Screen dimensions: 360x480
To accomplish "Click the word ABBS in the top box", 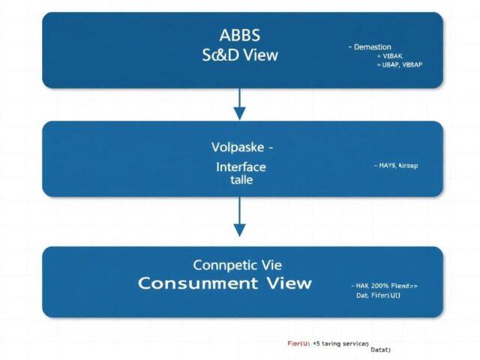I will click(239, 35).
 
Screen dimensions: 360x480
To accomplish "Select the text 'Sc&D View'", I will click(239, 55).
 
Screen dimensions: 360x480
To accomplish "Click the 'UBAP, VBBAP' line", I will click(397, 65).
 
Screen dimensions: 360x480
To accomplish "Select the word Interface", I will click(239, 166).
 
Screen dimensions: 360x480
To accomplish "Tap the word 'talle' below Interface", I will click(239, 181).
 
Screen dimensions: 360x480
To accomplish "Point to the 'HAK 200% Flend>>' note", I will click(384, 286).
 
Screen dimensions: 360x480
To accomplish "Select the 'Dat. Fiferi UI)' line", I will click(379, 295).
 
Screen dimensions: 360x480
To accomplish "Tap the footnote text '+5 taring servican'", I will click(346, 342).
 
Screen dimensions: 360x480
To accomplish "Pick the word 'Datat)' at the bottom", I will click(381, 350).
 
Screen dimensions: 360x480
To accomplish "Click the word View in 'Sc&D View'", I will click(259, 55).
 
